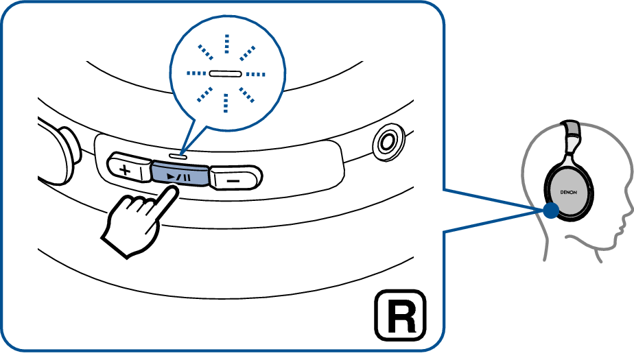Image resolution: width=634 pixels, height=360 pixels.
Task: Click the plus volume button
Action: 128,168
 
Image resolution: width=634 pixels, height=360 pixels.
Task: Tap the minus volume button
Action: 235,178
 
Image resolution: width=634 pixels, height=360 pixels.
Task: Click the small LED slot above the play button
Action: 178,155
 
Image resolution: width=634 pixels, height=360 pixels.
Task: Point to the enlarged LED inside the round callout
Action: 225,73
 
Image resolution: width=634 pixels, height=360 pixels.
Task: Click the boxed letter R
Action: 400,315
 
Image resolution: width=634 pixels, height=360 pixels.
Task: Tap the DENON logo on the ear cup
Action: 568,192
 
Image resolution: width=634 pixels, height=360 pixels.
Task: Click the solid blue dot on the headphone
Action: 551,211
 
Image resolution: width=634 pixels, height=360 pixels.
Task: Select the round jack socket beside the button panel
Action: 388,141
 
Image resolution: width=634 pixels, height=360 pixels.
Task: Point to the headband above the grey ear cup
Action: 571,139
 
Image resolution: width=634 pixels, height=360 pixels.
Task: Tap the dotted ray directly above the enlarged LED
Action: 226,44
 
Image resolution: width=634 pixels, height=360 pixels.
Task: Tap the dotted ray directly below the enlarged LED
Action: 226,103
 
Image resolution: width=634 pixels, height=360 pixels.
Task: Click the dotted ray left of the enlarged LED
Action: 196,73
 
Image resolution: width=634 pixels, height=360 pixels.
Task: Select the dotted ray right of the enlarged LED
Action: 255,74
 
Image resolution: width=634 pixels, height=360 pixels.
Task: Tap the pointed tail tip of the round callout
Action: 180,152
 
